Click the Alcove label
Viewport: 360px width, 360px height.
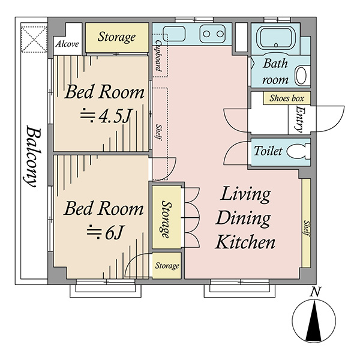[67, 44]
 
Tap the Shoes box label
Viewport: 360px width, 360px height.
[287, 98]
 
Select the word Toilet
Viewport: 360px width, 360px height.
[268, 151]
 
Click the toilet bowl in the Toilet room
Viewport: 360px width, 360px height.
[298, 151]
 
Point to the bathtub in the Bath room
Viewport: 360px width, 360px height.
[276, 38]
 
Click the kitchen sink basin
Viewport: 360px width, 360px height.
[174, 34]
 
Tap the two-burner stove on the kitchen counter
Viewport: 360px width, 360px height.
[212, 34]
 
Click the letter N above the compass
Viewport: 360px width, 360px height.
[316, 292]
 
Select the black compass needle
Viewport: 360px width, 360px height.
[314, 322]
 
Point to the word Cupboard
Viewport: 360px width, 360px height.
[158, 56]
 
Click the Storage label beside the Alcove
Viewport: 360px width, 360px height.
[116, 37]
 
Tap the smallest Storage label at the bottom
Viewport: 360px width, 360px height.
[167, 266]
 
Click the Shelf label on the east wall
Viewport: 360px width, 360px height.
[307, 229]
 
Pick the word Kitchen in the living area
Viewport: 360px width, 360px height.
[245, 242]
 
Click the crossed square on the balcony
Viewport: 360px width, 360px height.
[34, 40]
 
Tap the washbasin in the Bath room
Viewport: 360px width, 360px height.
[301, 76]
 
